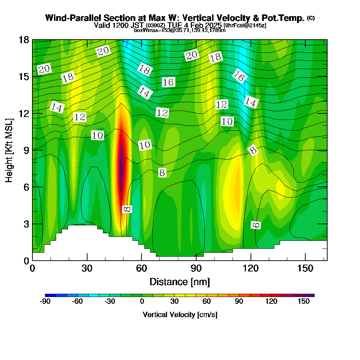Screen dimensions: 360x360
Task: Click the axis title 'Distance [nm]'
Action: click(x=180, y=282)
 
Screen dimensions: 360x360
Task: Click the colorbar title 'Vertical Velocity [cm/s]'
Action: click(x=180, y=315)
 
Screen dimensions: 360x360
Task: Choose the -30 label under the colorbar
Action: click(x=110, y=302)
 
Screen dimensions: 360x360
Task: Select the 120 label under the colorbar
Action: click(x=271, y=302)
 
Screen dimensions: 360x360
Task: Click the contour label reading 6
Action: click(x=256, y=225)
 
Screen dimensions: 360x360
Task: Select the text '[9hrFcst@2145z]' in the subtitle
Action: click(x=245, y=26)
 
